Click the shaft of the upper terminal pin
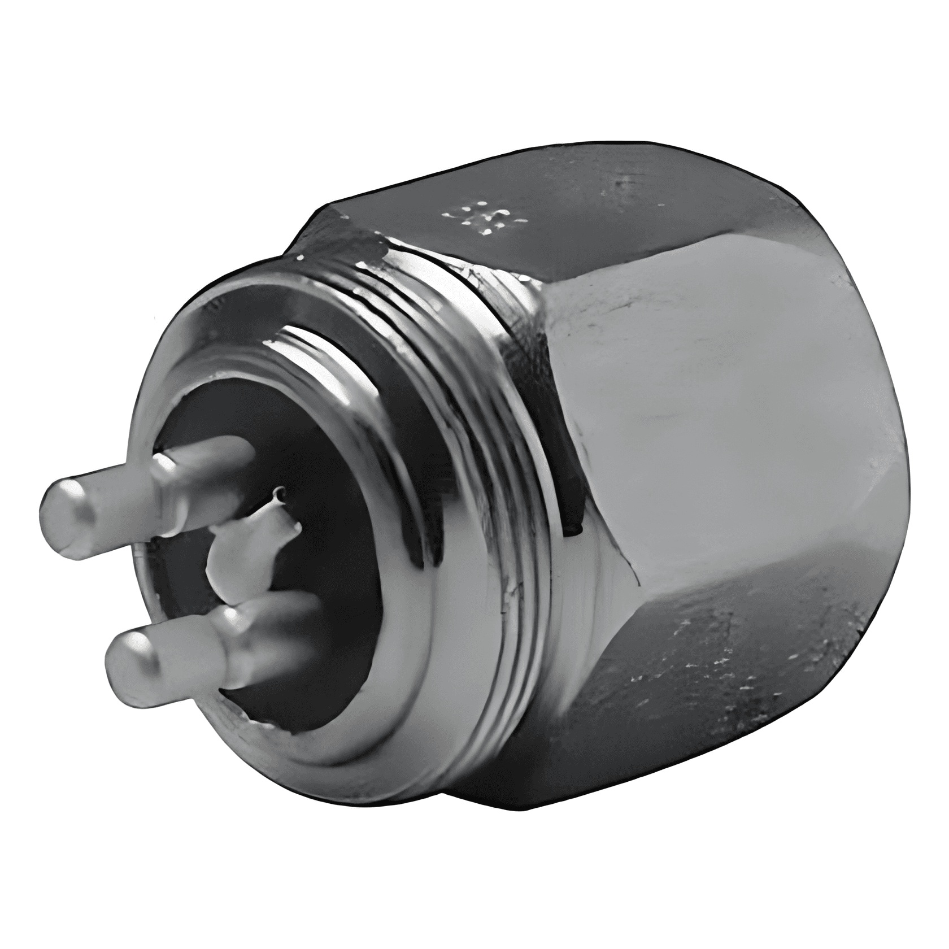[x=209, y=469]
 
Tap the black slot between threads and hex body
[x=571, y=503]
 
